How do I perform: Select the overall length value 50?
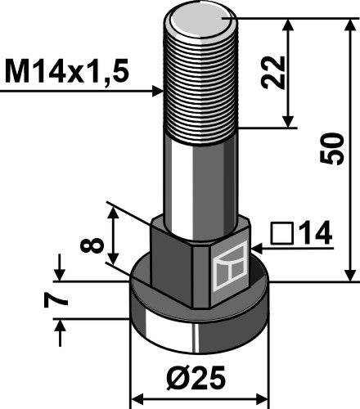point(335,148)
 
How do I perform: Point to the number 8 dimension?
point(97,244)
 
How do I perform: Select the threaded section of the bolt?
point(201,82)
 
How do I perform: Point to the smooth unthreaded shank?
point(201,176)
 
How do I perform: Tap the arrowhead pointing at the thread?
point(161,92)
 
